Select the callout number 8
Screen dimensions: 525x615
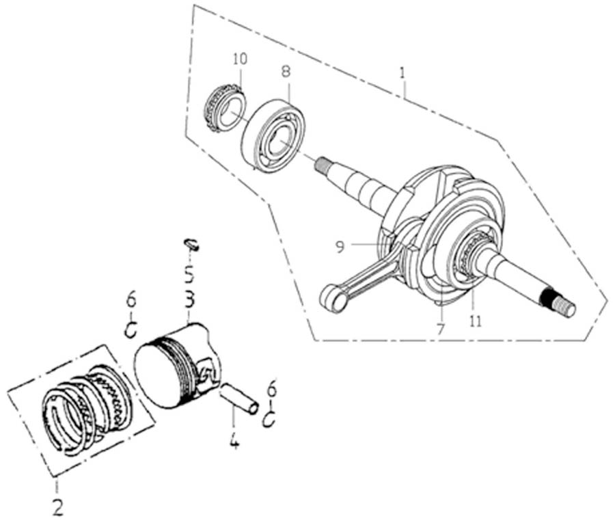[286, 70]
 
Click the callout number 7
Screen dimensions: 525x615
[441, 329]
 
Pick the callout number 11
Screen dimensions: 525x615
[476, 319]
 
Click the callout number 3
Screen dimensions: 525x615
[189, 300]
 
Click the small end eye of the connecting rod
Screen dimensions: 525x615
[333, 299]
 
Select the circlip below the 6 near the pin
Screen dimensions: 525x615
[269, 418]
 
